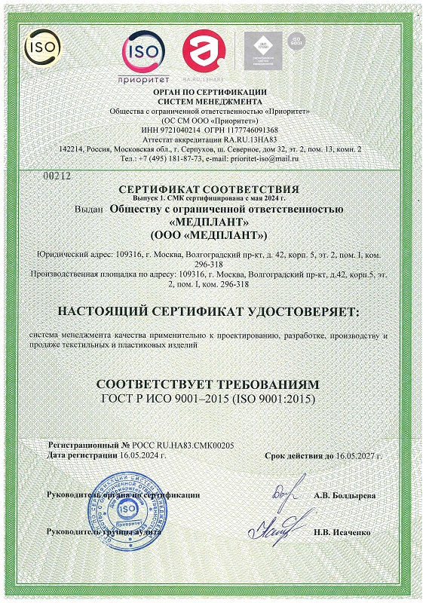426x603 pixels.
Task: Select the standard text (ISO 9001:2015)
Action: coord(273,397)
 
